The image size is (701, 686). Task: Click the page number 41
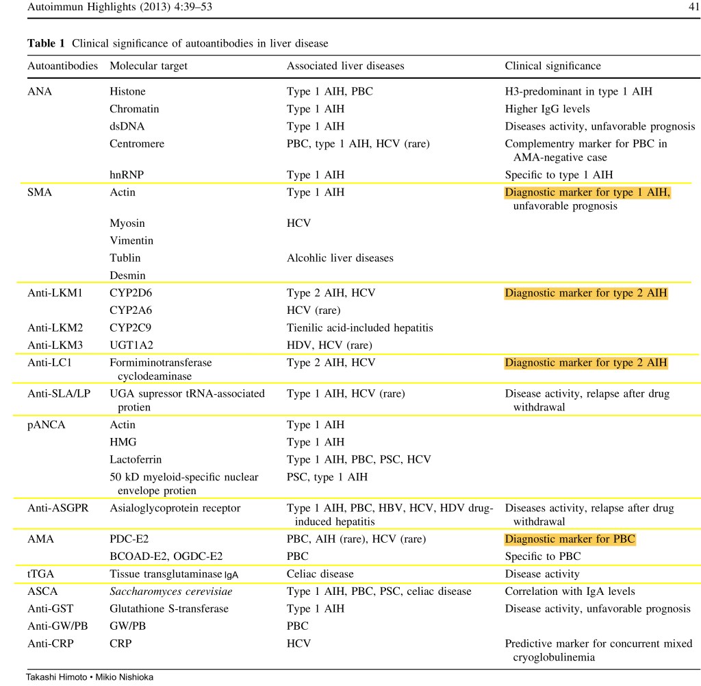[692, 8]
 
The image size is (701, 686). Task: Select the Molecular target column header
[148, 66]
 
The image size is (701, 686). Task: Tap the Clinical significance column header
[552, 66]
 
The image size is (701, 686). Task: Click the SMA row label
[40, 193]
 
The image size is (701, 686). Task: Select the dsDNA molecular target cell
[127, 126]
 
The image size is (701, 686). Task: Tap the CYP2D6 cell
[131, 293]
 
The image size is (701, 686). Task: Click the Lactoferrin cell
[136, 459]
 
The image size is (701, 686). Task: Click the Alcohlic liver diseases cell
[340, 258]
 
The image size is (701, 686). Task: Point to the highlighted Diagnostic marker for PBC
[570, 539]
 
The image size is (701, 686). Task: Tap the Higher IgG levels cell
[547, 109]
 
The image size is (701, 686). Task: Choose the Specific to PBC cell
[543, 556]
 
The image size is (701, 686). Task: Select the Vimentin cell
[131, 241]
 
